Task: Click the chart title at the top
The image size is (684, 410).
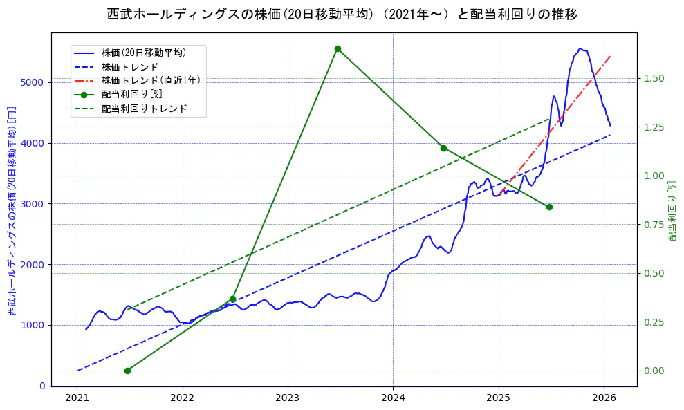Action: click(342, 14)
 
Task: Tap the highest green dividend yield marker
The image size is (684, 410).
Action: click(338, 48)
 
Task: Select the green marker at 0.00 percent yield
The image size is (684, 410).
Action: click(127, 371)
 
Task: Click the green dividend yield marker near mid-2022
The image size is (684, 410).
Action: click(232, 299)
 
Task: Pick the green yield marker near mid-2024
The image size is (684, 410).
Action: click(443, 148)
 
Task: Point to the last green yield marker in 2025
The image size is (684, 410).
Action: click(549, 207)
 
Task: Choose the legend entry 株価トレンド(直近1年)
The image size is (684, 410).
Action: click(150, 80)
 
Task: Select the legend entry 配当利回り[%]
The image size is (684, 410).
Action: click(131, 94)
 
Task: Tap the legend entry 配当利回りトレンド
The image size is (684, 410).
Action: click(144, 109)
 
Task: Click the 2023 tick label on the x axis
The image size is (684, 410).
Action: click(287, 398)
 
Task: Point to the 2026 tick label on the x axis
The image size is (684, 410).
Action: click(604, 398)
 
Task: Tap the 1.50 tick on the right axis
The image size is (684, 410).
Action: click(654, 78)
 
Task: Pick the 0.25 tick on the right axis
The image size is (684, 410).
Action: click(654, 322)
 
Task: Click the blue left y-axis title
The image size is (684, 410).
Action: click(12, 211)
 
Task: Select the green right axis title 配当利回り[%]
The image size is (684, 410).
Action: click(672, 211)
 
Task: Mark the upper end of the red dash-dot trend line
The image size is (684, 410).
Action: click(610, 57)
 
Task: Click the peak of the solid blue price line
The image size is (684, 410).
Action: click(580, 48)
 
